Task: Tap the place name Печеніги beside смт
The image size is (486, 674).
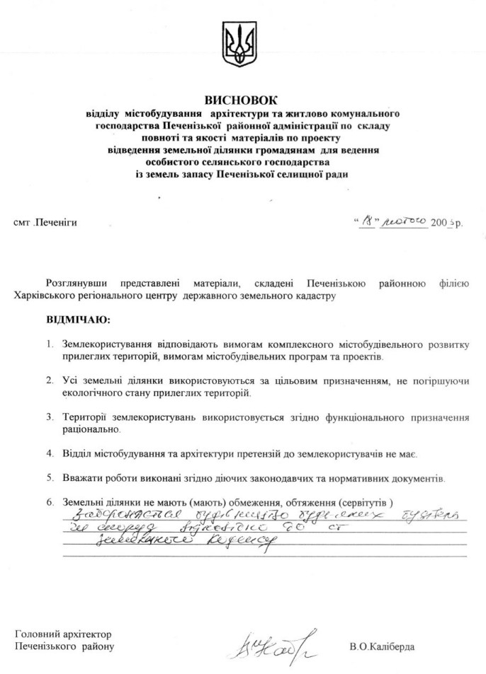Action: (x=57, y=222)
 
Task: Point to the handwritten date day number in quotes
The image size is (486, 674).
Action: (x=368, y=221)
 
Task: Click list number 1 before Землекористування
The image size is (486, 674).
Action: (x=50, y=345)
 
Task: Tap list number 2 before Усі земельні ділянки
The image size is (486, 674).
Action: (x=50, y=380)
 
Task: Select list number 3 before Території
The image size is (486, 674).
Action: (x=50, y=417)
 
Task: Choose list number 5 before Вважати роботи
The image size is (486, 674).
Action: (x=50, y=478)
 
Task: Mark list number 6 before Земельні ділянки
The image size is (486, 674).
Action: (x=50, y=503)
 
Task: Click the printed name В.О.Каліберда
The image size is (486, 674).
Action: (x=382, y=646)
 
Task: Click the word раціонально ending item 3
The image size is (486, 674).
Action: (x=91, y=429)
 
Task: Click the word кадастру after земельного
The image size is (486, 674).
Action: (x=312, y=296)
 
